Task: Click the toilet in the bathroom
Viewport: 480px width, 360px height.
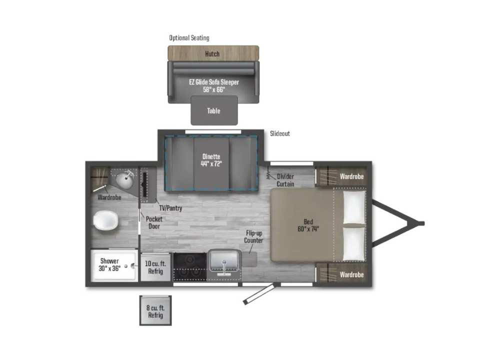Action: pyautogui.click(x=105, y=220)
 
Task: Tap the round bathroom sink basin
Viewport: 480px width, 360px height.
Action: pyautogui.click(x=124, y=180)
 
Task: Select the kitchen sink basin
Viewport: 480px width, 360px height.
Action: pyautogui.click(x=224, y=261)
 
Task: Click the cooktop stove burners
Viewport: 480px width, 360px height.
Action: pyautogui.click(x=190, y=266)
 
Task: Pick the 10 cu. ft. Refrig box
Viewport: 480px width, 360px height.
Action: pyautogui.click(x=155, y=267)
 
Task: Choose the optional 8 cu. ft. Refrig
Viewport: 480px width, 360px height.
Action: pyautogui.click(x=155, y=310)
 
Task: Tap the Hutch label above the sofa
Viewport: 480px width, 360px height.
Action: pyautogui.click(x=212, y=54)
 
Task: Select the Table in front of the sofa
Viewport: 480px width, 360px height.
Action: pyautogui.click(x=214, y=110)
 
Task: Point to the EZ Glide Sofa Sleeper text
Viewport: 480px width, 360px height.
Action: pyautogui.click(x=214, y=82)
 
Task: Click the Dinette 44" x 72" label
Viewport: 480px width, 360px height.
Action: pyautogui.click(x=211, y=160)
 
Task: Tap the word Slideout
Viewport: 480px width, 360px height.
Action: pyautogui.click(x=280, y=133)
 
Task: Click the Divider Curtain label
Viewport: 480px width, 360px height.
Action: pyautogui.click(x=285, y=180)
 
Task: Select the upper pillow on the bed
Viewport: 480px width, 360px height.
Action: pyautogui.click(x=354, y=207)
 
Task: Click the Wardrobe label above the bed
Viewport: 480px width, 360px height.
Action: pyautogui.click(x=351, y=176)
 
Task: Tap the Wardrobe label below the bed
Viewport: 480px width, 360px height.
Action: pyautogui.click(x=351, y=274)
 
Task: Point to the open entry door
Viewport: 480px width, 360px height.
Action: pyautogui.click(x=260, y=293)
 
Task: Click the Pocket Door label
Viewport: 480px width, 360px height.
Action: pyautogui.click(x=154, y=222)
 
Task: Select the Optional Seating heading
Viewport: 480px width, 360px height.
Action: pyautogui.click(x=189, y=38)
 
